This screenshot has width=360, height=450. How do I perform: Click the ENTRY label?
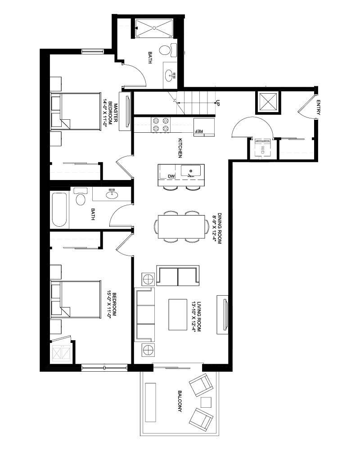coord(318,108)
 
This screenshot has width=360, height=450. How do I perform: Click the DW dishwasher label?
coord(171,176)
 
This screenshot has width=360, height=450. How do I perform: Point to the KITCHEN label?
coord(180,148)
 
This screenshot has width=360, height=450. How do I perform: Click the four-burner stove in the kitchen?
coord(161,125)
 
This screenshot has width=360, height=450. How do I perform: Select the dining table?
coord(181,226)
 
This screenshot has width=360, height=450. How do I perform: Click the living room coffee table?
coord(178,315)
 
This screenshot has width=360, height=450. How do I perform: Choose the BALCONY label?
coord(180,401)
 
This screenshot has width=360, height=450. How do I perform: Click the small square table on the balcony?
coord(206,402)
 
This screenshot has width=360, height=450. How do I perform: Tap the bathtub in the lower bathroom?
coord(59,209)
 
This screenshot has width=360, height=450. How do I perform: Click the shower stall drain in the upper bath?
coord(154,28)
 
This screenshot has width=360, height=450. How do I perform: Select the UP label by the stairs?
coord(218,103)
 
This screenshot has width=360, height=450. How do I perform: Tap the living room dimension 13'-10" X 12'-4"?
coord(196,316)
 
